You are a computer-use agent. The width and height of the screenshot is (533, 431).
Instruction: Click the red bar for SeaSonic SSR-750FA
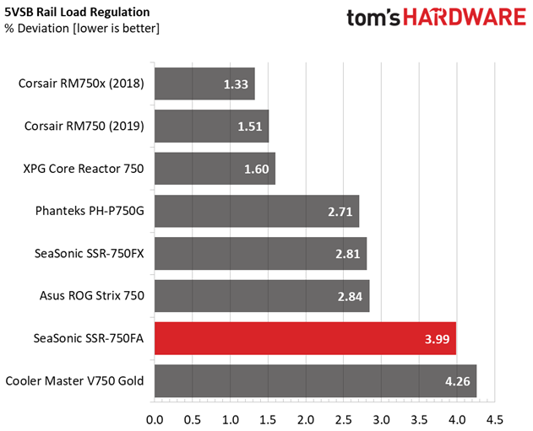[x=305, y=338]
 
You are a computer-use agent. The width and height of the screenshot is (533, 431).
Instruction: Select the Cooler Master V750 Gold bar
[x=315, y=380]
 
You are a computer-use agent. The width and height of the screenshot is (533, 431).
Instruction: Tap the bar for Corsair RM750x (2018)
[x=204, y=84]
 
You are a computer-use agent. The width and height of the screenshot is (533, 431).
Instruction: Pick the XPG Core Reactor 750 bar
[x=215, y=169]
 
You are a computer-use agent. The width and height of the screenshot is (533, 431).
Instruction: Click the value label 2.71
[x=340, y=212]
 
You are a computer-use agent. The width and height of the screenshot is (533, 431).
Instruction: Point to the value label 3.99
[x=438, y=339]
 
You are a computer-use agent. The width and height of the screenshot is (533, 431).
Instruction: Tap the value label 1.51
[x=250, y=127]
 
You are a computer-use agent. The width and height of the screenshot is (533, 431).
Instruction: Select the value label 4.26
[x=458, y=381]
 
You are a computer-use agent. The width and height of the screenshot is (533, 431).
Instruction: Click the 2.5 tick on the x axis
[x=343, y=420]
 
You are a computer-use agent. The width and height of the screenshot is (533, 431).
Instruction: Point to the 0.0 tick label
[x=155, y=420]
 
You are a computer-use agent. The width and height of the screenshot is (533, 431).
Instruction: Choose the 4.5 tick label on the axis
[x=495, y=420]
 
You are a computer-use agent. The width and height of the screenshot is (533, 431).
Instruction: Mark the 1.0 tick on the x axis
[x=230, y=420]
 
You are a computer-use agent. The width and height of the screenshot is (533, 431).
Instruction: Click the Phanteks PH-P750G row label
[x=90, y=211]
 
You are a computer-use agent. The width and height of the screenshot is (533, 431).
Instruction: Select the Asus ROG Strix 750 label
[x=92, y=295]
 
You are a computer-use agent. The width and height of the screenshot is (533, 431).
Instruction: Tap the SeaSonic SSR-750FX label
[x=90, y=253]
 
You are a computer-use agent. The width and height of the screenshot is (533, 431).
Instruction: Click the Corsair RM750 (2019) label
[x=84, y=127]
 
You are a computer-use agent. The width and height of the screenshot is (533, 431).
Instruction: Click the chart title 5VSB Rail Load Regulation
[x=77, y=12]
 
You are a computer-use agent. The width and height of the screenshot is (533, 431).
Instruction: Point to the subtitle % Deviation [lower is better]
[x=82, y=28]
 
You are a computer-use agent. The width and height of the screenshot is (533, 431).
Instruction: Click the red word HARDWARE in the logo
[x=465, y=17]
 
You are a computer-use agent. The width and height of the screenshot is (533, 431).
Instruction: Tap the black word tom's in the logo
[x=373, y=18]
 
